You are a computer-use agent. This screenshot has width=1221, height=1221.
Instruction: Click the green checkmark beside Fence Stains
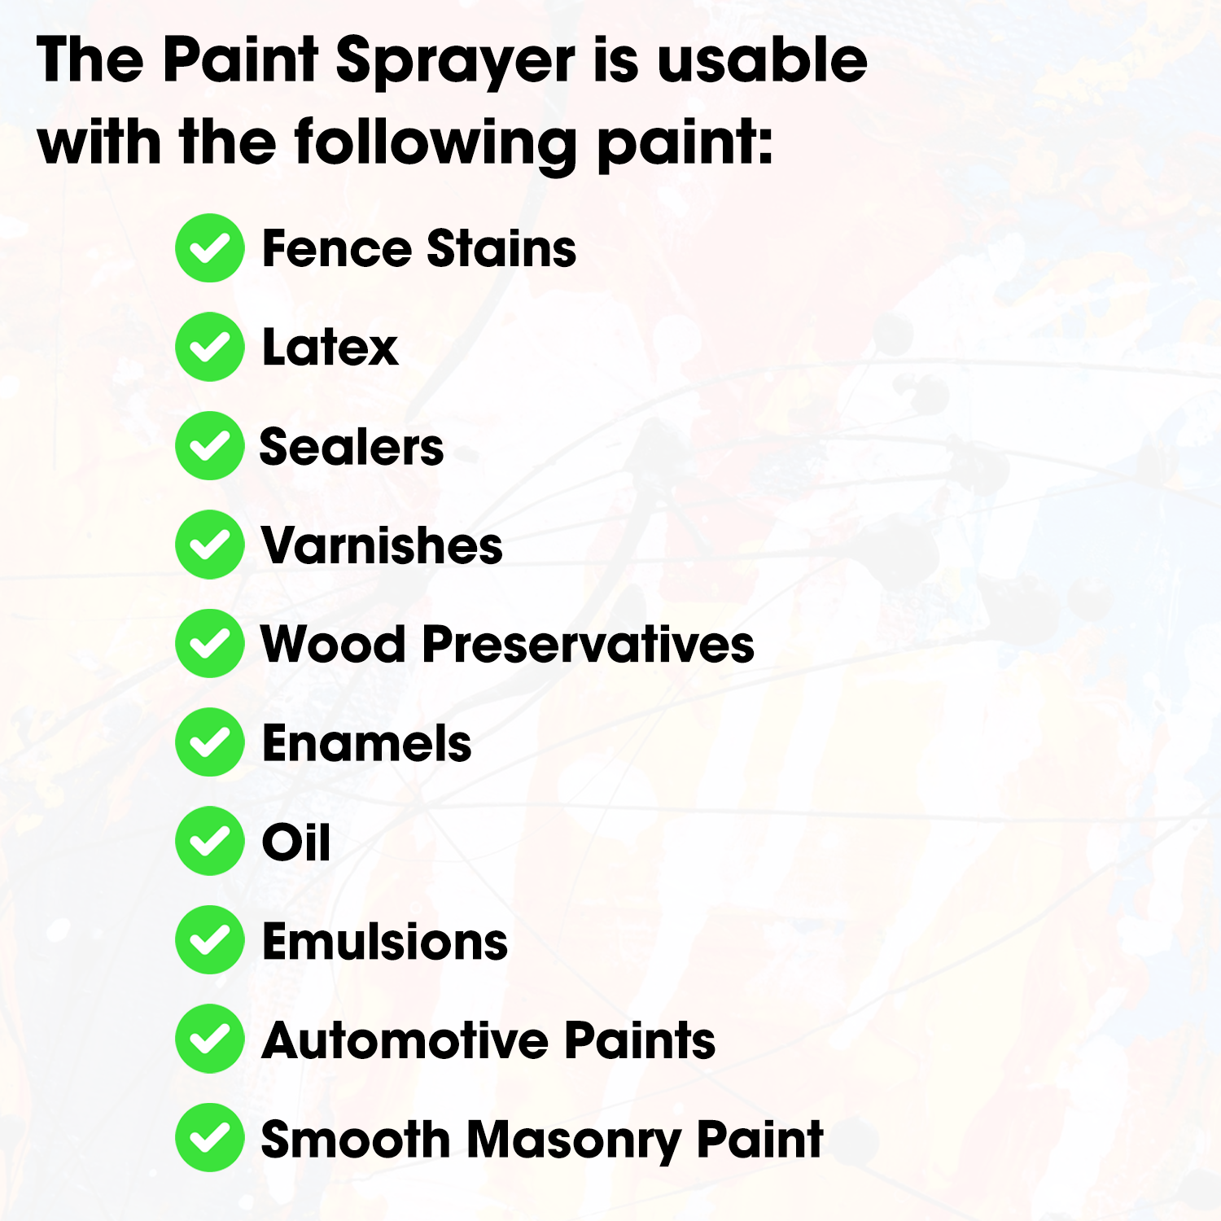[210, 248]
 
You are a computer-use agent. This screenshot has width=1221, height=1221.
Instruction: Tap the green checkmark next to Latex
[210, 347]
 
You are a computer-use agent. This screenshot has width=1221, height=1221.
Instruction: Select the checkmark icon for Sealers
[210, 446]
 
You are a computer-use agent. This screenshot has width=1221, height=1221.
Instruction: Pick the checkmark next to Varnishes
[210, 545]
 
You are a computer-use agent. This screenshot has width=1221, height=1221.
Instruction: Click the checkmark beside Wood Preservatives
[210, 644]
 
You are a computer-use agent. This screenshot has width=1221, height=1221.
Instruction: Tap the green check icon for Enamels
[210, 742]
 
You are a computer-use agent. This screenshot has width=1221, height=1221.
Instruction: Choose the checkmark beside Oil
[210, 841]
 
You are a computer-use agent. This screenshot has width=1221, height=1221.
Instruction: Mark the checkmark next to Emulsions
[210, 940]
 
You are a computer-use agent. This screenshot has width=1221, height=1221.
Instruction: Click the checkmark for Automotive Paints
[210, 1039]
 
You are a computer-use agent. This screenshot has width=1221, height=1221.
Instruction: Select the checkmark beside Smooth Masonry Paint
[210, 1138]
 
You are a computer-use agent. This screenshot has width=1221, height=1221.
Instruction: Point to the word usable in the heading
[762, 60]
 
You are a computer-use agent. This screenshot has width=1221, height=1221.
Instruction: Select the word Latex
[330, 348]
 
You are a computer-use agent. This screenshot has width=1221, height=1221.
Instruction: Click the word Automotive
[406, 1040]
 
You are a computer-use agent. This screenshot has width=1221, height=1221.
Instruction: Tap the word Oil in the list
[296, 842]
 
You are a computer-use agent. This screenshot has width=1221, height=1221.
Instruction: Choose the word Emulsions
[385, 942]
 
